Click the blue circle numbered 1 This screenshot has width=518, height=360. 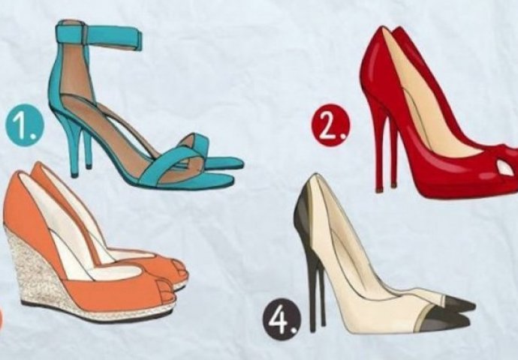pos(25,125)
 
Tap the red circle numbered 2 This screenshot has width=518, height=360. pos(330,124)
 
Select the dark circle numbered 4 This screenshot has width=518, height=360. pos(282,319)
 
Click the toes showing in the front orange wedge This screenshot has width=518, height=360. pos(166,290)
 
